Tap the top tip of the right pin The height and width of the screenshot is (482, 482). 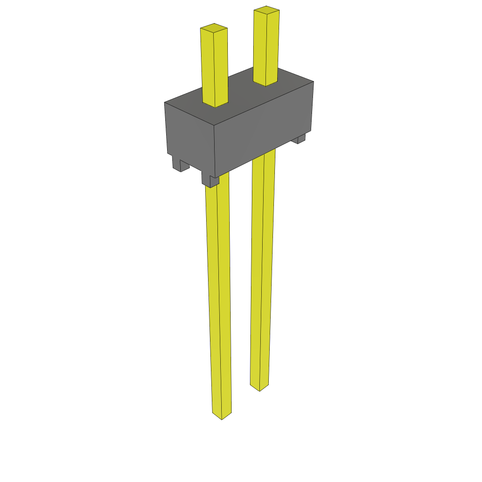[x=266, y=9]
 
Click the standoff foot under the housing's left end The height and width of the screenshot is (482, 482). [x=179, y=164]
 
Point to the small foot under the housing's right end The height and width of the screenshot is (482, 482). [x=299, y=138]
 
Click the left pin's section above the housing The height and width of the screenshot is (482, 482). [x=215, y=66]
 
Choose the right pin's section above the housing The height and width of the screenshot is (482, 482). [x=266, y=47]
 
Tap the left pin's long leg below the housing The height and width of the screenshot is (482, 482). [x=219, y=297]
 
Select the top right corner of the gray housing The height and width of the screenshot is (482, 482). [x=313, y=81]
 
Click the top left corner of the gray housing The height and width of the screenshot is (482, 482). [x=165, y=102]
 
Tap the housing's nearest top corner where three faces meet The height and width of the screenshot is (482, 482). [x=214, y=126]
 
